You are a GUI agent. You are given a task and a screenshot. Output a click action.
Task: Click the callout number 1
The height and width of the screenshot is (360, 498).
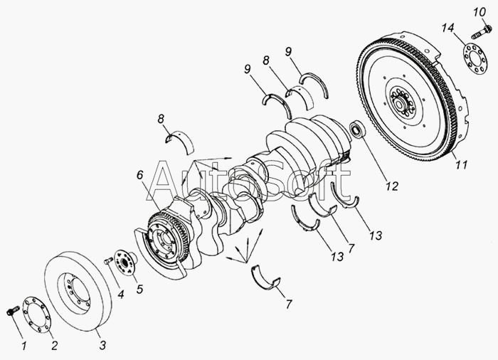(x=24, y=346)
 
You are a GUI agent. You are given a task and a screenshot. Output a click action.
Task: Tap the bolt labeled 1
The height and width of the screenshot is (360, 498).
(x=12, y=310)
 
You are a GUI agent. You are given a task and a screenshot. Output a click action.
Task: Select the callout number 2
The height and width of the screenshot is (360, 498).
(x=55, y=345)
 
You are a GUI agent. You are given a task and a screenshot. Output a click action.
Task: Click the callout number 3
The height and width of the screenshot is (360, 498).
(x=102, y=345)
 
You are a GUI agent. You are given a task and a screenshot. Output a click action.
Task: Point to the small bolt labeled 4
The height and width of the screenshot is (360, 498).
(x=108, y=261)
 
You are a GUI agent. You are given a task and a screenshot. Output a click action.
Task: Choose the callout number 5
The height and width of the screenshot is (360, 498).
(x=139, y=289)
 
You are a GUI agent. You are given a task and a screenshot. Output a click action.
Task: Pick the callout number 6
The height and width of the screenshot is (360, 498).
(x=140, y=175)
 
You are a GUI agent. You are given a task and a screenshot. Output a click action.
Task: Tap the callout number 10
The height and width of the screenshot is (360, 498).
(x=480, y=12)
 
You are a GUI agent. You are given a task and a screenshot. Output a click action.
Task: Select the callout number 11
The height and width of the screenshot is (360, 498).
(x=461, y=164)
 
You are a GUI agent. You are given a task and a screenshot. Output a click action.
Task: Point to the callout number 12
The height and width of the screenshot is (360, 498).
(x=392, y=186)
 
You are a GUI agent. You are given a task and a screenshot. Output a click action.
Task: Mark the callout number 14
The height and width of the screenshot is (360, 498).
(x=447, y=28)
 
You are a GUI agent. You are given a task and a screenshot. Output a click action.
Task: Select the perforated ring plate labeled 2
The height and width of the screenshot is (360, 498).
(x=37, y=314)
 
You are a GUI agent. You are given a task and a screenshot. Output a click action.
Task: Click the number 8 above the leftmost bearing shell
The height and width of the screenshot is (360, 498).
(x=161, y=119)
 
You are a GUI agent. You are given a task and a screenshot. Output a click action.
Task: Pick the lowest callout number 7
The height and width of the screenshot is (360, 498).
(x=288, y=305)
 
